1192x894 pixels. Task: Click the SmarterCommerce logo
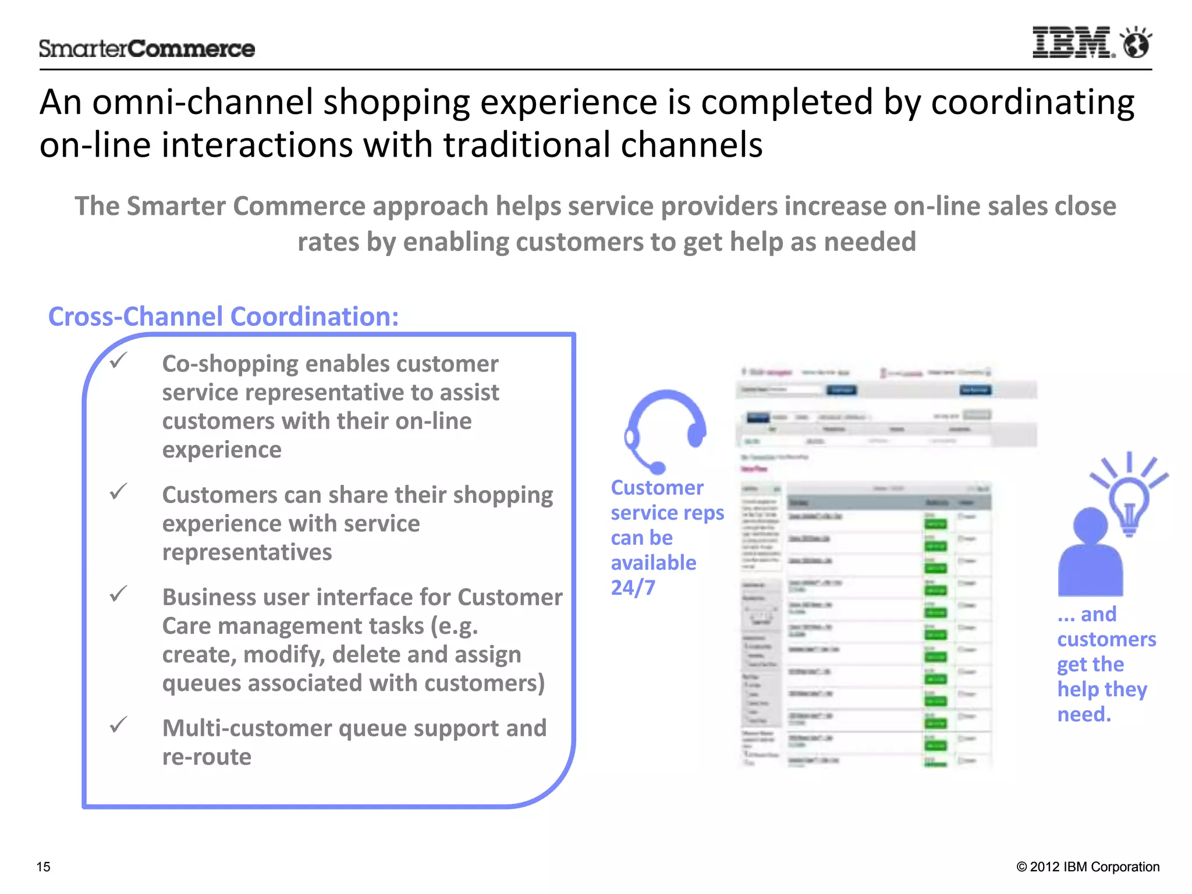(147, 49)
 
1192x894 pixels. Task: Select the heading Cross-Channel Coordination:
(223, 317)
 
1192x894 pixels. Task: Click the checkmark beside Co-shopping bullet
(119, 361)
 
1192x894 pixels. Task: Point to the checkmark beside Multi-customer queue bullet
(119, 725)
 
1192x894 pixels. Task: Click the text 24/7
(633, 588)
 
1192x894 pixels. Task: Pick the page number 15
(44, 867)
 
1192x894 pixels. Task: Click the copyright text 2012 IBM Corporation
(1094, 867)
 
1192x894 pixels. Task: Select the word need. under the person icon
(1084, 714)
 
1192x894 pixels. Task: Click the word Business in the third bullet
(209, 597)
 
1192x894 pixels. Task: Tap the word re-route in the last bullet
(207, 757)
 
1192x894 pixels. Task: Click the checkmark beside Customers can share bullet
(119, 492)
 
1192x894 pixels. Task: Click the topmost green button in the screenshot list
(935, 524)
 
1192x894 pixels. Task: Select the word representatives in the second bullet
(247, 552)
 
